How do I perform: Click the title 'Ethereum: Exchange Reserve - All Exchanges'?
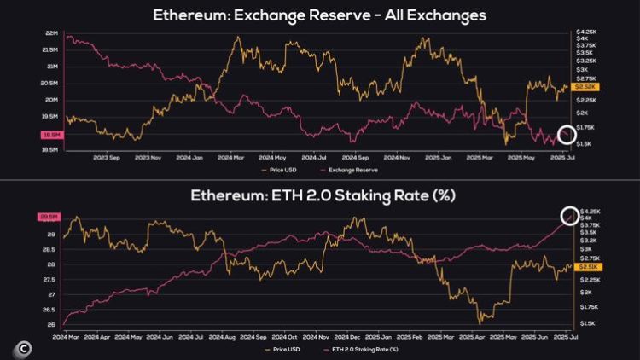[x=319, y=15]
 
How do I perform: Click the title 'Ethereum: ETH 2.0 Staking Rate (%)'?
[x=319, y=195]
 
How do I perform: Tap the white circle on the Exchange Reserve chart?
[x=567, y=134]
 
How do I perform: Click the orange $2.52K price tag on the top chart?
[x=586, y=87]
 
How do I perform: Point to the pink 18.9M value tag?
[x=50, y=135]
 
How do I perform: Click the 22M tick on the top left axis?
[x=51, y=32]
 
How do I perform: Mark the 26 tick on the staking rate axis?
[x=51, y=324]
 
